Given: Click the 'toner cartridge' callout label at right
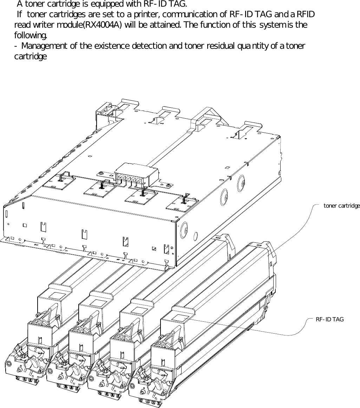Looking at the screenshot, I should coord(341,206).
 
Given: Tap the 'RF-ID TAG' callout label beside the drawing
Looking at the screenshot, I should coord(329,319).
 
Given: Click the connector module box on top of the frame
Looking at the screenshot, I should coord(136,174).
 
